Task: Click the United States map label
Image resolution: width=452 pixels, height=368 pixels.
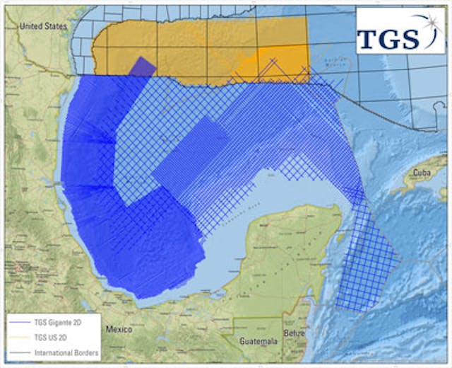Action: click(43, 25)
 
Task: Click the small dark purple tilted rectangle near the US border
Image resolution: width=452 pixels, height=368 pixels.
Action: click(143, 66)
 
